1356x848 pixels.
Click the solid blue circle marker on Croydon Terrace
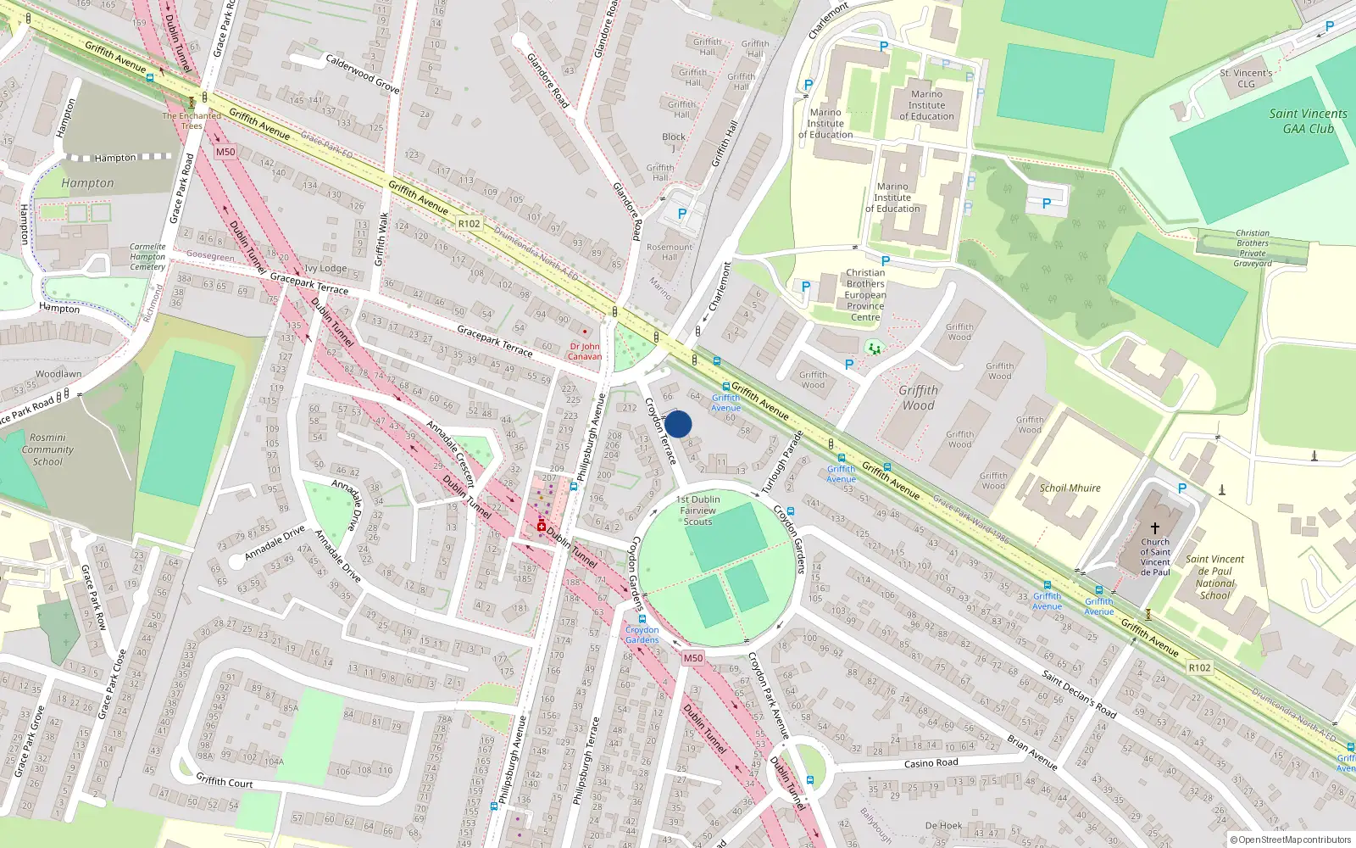click(x=678, y=424)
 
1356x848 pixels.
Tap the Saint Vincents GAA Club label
click(x=1308, y=121)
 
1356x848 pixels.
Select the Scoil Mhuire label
click(x=1070, y=488)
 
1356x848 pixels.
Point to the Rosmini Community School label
click(x=47, y=449)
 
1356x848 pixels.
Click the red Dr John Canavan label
click(x=585, y=351)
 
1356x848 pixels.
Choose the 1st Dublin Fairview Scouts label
click(x=698, y=510)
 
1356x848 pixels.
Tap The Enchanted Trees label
click(x=192, y=120)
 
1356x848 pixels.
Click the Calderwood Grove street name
click(x=363, y=74)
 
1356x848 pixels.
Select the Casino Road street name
click(x=931, y=763)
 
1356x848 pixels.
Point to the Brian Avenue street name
click(x=1031, y=752)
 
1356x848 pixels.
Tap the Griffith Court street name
click(x=225, y=781)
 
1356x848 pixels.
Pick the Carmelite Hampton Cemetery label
click(x=147, y=257)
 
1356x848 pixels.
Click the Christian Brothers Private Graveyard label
click(x=1253, y=248)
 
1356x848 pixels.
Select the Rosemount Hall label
click(x=670, y=252)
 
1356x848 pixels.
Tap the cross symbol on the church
click(x=1154, y=527)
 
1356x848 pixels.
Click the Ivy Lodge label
click(x=325, y=268)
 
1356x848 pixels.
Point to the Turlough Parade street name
click(x=781, y=462)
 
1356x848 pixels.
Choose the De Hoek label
click(x=943, y=825)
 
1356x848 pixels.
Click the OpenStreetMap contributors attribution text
click(x=1291, y=840)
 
